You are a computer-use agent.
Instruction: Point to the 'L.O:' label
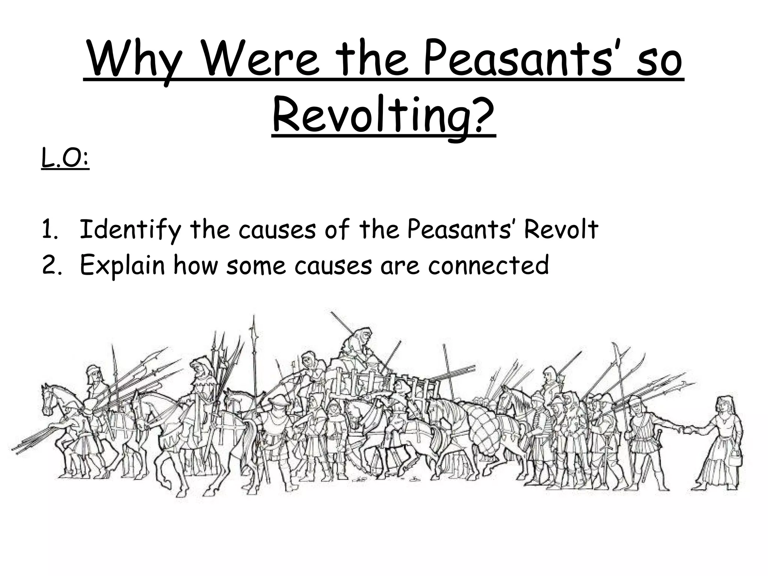point(65,160)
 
